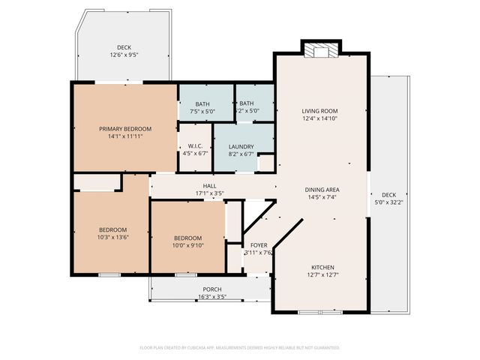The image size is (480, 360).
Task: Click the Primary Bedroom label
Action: (125, 129)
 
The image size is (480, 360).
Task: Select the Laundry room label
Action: (241, 146)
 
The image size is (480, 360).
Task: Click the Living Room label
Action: (321, 111)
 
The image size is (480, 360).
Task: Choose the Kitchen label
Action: (322, 268)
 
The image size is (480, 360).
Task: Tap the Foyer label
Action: (259, 245)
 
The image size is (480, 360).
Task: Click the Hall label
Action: (210, 186)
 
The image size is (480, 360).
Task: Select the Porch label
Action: (212, 289)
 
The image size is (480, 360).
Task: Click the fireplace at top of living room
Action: (320, 50)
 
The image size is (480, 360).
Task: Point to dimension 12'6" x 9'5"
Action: (124, 55)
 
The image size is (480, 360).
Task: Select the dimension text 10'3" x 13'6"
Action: (112, 237)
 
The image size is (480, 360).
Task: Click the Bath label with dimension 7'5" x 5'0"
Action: (202, 104)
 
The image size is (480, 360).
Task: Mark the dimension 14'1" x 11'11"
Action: (125, 136)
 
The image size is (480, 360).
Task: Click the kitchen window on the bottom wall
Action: (321, 311)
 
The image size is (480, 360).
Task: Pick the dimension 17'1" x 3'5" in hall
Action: (210, 193)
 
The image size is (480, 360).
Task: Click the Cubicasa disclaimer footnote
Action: (240, 348)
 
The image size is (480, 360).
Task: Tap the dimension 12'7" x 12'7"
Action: (322, 275)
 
